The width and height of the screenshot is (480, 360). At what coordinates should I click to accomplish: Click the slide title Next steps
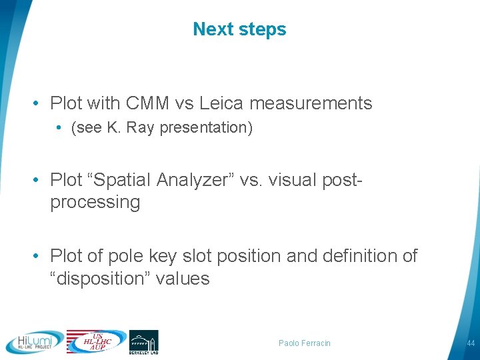239,29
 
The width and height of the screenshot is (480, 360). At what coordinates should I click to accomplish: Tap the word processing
95,203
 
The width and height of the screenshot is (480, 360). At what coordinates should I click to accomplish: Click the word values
183,279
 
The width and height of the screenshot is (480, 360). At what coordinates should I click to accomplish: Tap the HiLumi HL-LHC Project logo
35,342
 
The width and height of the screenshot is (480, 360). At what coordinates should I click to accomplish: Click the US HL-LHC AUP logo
96,341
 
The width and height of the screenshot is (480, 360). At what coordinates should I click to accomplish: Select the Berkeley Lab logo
143,342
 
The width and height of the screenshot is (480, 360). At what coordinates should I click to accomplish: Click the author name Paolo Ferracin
305,343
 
